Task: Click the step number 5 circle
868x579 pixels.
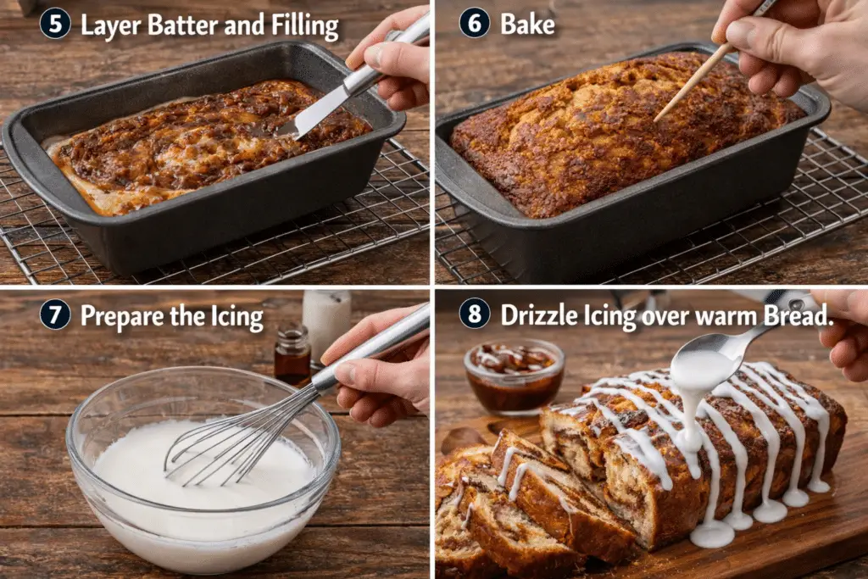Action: (55, 24)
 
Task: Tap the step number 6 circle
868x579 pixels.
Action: (475, 23)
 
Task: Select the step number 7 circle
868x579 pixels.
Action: (55, 315)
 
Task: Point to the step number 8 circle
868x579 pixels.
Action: (475, 314)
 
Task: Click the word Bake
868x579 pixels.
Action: (527, 24)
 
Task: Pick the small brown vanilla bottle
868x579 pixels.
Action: (292, 354)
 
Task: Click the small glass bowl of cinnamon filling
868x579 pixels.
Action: (514, 376)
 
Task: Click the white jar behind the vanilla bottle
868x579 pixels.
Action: (326, 321)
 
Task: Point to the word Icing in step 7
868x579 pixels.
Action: (237, 317)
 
